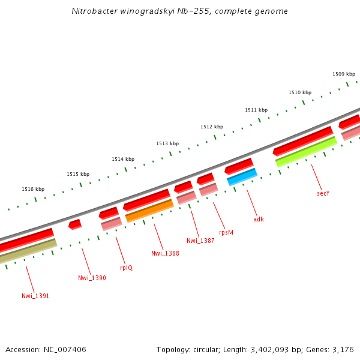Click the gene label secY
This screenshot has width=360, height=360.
(323, 193)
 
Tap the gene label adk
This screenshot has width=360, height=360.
(259, 219)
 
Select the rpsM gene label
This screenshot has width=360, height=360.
(226, 232)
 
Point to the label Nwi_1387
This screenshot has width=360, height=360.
(200, 241)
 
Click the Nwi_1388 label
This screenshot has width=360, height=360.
(165, 253)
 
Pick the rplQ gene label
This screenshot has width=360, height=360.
(126, 268)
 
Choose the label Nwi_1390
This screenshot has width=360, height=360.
(92, 278)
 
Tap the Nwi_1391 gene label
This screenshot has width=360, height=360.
(35, 296)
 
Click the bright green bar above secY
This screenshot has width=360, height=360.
(306, 152)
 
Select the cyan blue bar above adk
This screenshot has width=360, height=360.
(242, 177)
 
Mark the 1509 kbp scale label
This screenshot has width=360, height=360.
(344, 74)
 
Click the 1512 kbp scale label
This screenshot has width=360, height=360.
(212, 127)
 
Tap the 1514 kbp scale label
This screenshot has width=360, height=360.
(123, 159)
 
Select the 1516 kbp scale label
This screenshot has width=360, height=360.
(33, 189)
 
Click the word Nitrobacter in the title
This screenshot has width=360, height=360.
(91, 11)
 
